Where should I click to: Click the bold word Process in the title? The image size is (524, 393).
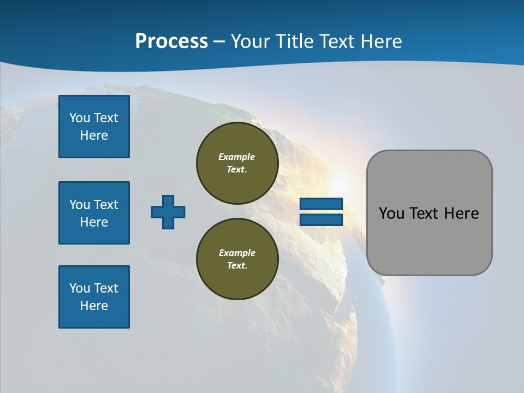click(171, 41)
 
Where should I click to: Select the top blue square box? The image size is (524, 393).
click(94, 127)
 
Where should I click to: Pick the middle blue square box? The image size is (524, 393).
click(94, 213)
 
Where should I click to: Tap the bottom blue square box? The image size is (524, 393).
click(94, 297)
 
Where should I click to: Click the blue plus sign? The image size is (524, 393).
click(168, 212)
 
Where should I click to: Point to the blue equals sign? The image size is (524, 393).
click(321, 212)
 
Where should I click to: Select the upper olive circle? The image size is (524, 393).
click(237, 163)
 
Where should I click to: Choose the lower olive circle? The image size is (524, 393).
click(237, 259)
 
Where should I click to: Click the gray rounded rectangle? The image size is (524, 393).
click(429, 213)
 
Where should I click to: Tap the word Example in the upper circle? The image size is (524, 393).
click(237, 157)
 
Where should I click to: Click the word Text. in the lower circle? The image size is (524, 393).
click(237, 266)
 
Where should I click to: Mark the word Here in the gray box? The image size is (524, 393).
click(461, 213)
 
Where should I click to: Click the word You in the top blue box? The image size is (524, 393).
click(79, 118)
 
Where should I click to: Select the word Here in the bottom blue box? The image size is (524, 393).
click(94, 306)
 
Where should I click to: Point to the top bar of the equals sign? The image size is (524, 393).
click(321, 204)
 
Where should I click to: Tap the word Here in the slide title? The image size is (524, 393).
click(380, 41)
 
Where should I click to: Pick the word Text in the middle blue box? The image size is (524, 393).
click(106, 205)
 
